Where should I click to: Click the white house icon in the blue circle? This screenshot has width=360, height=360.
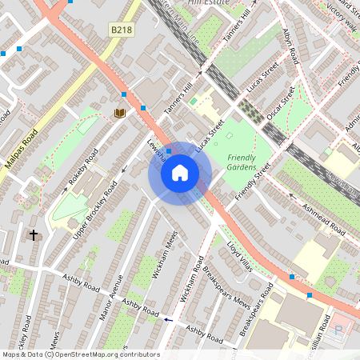point(180,173)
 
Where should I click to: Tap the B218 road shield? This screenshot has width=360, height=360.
point(121,30)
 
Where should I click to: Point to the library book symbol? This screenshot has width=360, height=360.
point(120,114)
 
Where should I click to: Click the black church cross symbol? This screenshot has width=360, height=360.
point(34,235)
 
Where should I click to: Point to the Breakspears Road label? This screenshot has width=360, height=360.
point(256,308)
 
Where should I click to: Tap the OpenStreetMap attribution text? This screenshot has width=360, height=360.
point(80,354)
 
